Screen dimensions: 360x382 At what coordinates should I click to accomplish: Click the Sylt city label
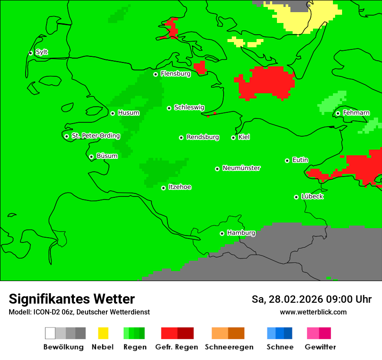(42, 52)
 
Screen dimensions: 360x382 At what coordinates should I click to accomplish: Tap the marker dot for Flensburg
(156, 74)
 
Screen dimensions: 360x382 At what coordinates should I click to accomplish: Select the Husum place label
(128, 113)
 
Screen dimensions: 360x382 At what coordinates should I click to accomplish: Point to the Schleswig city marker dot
(169, 108)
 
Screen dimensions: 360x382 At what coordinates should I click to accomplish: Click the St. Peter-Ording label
(95, 136)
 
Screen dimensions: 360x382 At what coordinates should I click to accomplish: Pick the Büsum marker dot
(92, 157)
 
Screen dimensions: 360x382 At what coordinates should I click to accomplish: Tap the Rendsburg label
(203, 137)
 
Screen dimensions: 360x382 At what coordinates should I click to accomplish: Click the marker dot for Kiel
(234, 137)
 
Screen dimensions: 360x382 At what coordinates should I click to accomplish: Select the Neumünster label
(241, 168)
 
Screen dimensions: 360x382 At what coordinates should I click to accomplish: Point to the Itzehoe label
(180, 187)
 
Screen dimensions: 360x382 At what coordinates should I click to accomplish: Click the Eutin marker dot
(287, 160)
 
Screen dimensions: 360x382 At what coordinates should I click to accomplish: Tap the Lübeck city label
(312, 197)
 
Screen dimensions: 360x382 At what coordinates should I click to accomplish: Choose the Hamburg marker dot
(222, 233)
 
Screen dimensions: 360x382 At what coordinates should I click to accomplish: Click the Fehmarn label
(356, 113)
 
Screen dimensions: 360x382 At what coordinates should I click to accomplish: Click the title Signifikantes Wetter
(72, 299)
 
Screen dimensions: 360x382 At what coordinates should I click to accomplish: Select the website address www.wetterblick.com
(313, 312)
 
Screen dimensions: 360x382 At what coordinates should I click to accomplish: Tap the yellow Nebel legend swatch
(103, 333)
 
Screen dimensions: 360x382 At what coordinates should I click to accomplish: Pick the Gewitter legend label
(320, 347)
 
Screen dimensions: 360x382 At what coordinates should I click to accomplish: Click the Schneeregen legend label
(229, 347)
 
